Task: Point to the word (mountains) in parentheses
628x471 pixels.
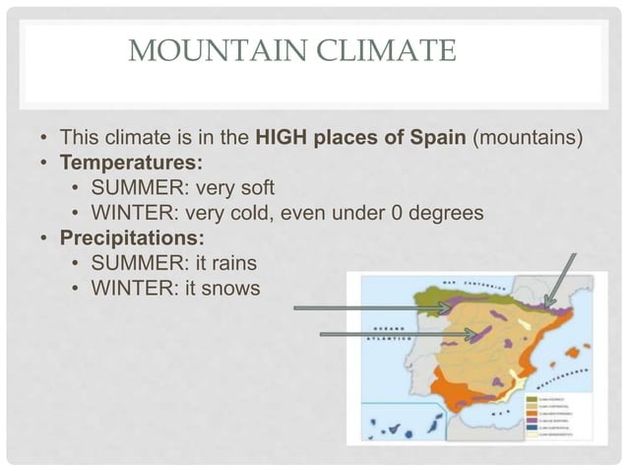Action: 530,136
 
